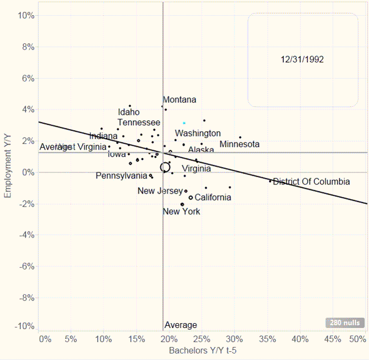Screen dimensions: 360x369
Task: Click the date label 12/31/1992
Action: tap(302, 59)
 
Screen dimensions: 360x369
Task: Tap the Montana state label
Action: tap(180, 100)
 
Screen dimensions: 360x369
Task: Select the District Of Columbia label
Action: tap(311, 182)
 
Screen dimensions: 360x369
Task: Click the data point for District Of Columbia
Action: tap(270, 181)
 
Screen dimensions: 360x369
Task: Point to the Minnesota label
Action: tap(239, 144)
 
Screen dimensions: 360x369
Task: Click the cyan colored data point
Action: tap(184, 123)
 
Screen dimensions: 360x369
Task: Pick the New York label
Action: tap(181, 211)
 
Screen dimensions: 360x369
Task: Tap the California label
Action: tap(213, 197)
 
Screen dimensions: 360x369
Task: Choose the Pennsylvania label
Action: tap(121, 176)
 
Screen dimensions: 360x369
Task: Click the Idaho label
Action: tap(129, 112)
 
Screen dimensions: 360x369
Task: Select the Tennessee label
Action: tap(139, 123)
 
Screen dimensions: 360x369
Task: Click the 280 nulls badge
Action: tap(345, 323)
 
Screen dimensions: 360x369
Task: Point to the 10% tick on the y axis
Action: tap(27, 15)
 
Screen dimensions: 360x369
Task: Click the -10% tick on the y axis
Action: tap(25, 326)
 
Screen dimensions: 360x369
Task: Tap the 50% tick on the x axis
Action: tap(358, 339)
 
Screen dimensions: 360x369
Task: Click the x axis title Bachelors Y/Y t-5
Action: tap(203, 351)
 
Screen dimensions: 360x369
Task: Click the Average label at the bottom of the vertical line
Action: tap(181, 325)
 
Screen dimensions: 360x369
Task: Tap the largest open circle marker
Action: tap(165, 166)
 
